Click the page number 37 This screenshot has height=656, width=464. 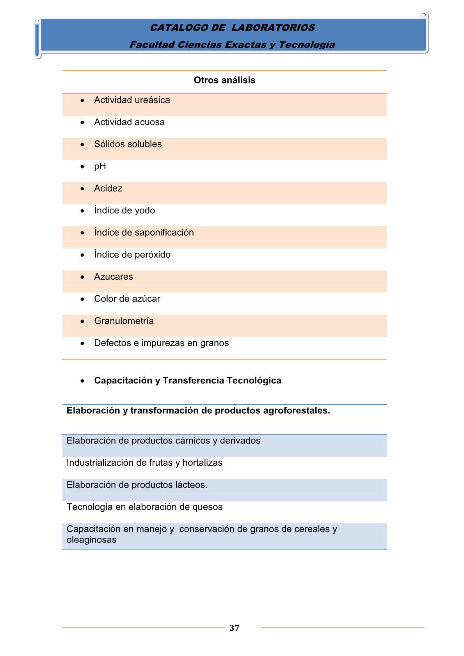pos(234,628)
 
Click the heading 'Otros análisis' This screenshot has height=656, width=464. pos(224,80)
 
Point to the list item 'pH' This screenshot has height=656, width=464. pos(100,167)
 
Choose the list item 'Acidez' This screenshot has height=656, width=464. pos(108,188)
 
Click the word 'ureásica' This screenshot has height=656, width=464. pos(151,100)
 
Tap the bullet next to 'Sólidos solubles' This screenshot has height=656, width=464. pos(82,145)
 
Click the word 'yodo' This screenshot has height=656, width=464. pos(145,211)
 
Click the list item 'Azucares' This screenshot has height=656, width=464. pos(114,277)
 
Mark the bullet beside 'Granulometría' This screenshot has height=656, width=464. pos(82,321)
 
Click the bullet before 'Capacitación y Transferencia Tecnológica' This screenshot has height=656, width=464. pos(82,381)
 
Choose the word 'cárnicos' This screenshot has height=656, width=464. pos(192,441)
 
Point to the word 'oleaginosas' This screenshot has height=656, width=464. pos(91,540)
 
